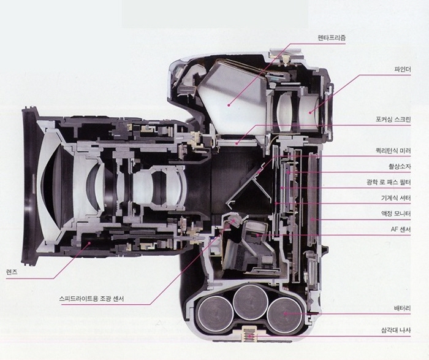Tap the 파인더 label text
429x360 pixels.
(402, 69)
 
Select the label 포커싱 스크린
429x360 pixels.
(393, 120)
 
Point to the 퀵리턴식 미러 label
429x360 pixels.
(393, 151)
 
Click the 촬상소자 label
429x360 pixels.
(400, 166)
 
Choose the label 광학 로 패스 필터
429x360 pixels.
(389, 182)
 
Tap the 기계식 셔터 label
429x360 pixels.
(396, 198)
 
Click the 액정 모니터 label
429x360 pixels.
(396, 214)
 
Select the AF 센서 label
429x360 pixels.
(401, 230)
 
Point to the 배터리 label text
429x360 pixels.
(402, 308)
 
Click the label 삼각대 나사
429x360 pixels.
(396, 331)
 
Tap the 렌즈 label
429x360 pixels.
(11, 272)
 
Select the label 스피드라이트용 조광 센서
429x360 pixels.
(91, 299)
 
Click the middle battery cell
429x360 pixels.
(250, 302)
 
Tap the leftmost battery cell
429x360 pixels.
(215, 313)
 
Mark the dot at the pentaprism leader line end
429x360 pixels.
(228, 105)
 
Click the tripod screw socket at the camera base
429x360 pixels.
(249, 334)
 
